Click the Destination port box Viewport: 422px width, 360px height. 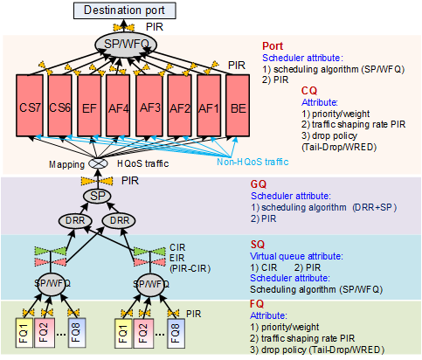tap(125, 10)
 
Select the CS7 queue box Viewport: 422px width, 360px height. tap(30, 106)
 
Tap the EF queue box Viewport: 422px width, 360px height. tap(89, 106)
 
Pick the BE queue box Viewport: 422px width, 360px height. tap(238, 106)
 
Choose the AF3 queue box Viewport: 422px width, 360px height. tap(149, 106)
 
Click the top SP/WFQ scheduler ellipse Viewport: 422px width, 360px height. tap(126, 45)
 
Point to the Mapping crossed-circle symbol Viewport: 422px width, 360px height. tap(98, 163)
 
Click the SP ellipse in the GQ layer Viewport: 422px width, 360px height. tap(97, 196)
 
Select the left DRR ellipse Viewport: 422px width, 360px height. tap(75, 221)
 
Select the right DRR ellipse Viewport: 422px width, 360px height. tap(119, 221)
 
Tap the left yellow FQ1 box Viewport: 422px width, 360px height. tap(24, 333)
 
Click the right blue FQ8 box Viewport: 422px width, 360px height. tap(176, 334)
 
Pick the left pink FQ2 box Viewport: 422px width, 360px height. tap(45, 333)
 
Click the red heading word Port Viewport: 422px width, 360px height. tap(273, 46)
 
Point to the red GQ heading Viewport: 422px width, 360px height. tap(259, 184)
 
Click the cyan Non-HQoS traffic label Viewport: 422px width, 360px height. tap(253, 162)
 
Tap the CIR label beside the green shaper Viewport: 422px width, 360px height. tap(177, 247)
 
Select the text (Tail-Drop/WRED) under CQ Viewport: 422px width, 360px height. tap(339, 147)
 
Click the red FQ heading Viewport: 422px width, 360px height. tap(257, 304)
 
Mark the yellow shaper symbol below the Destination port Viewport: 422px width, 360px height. tap(124, 27)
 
